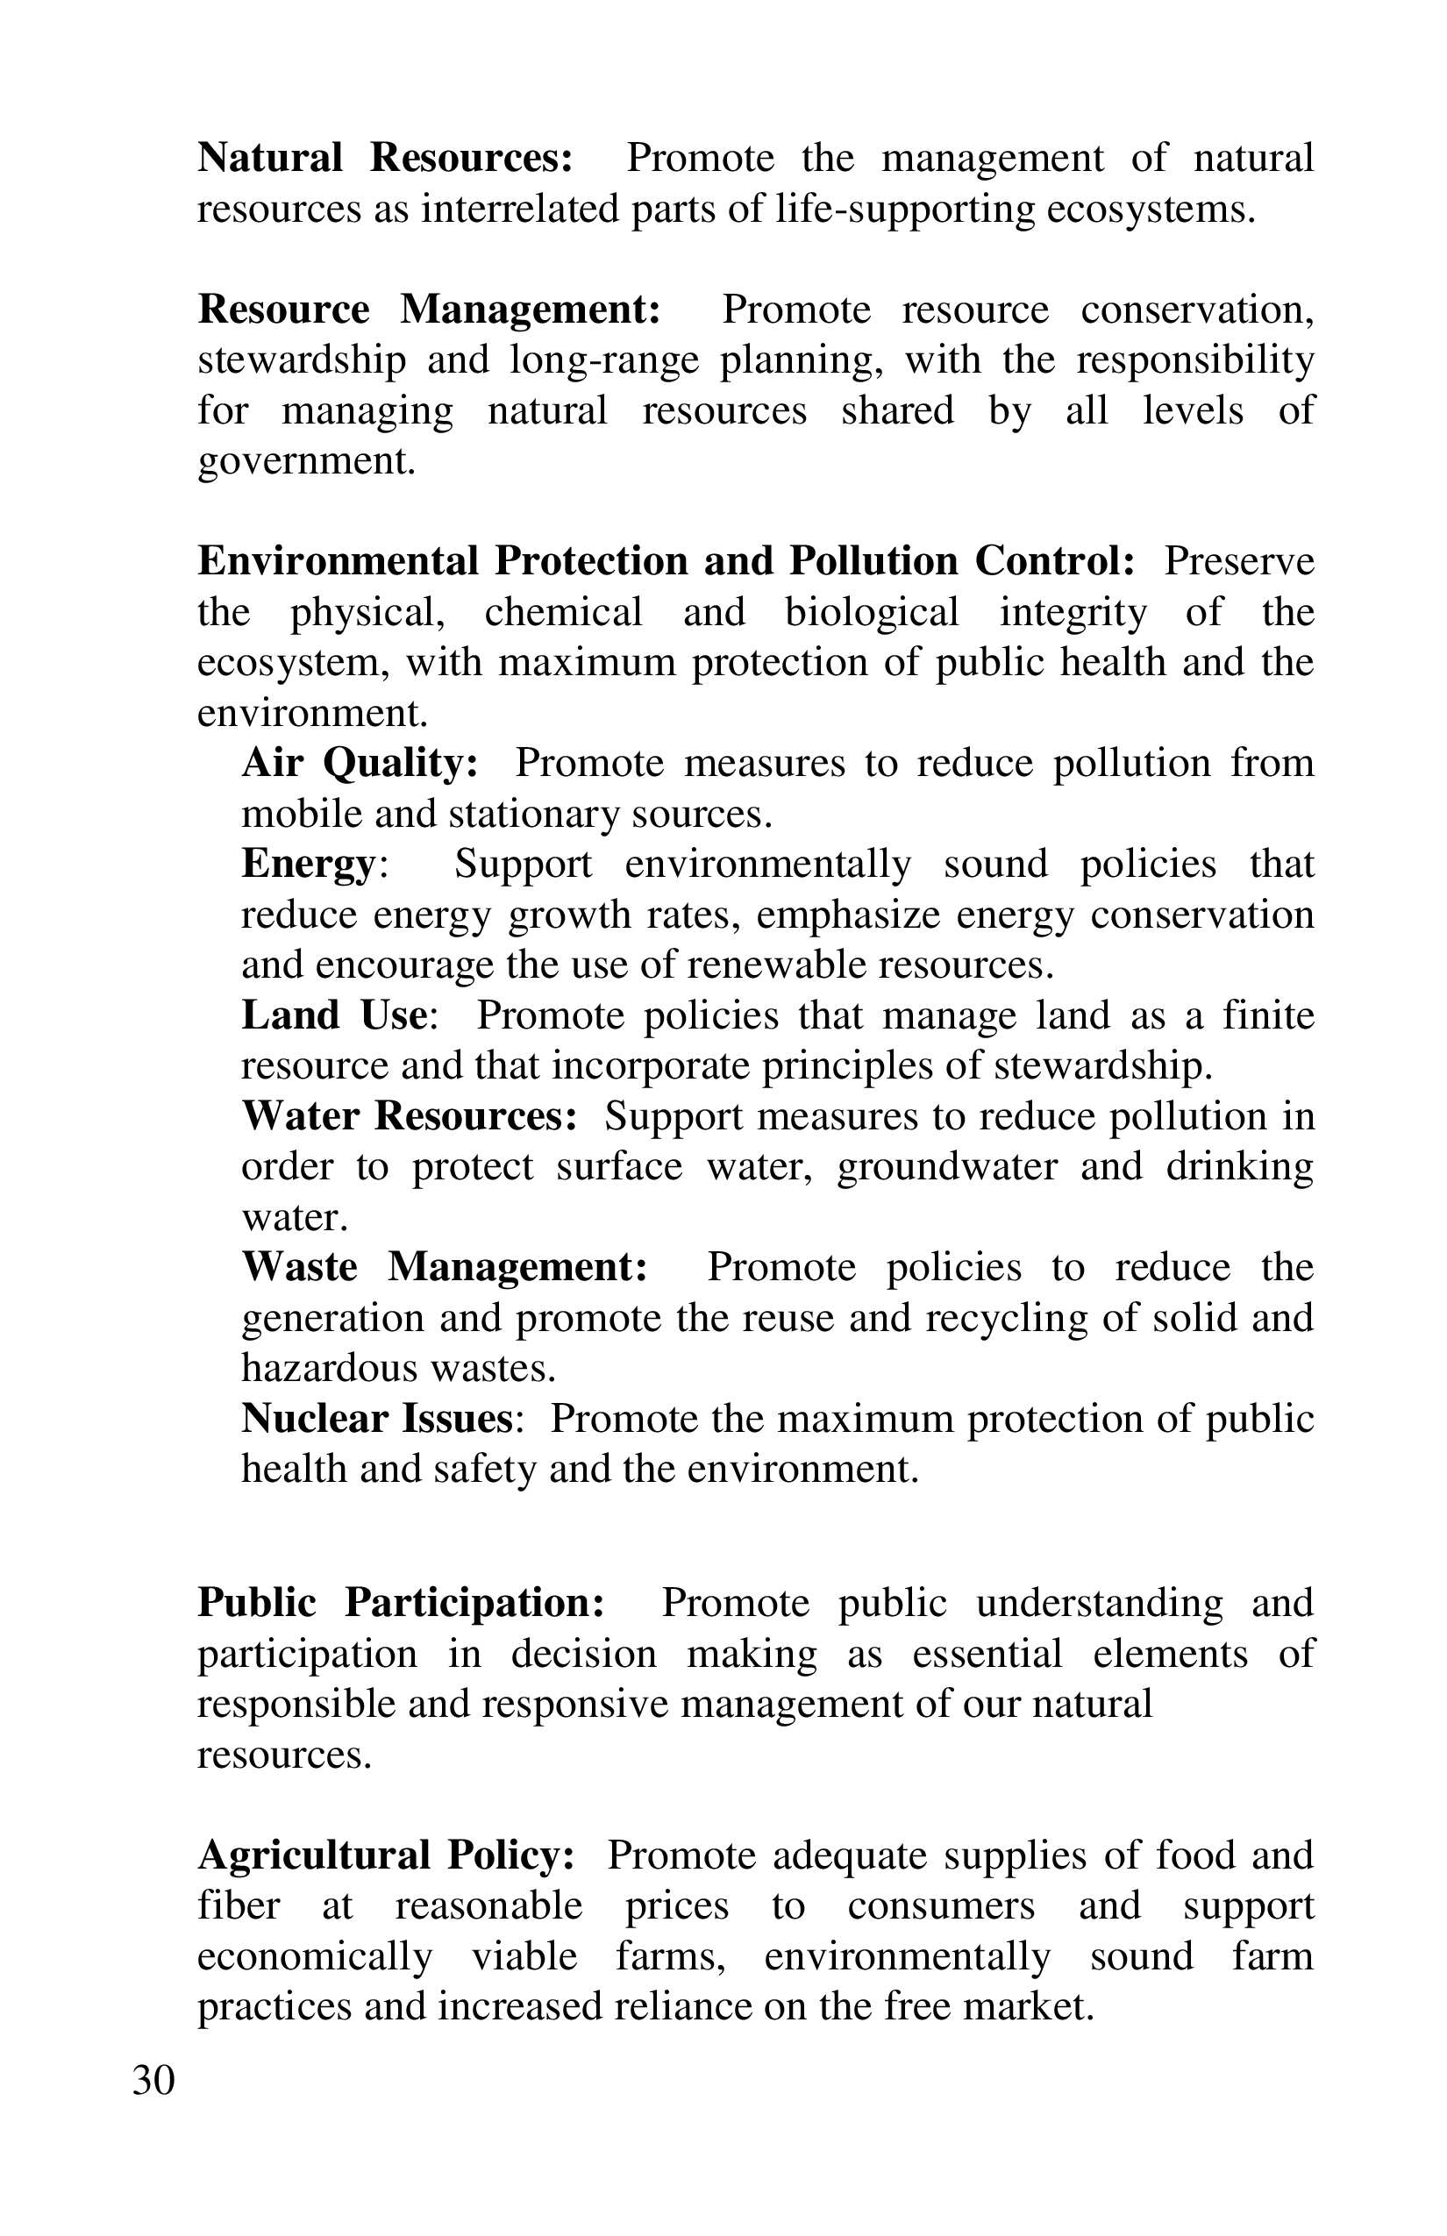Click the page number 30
tap(153, 2081)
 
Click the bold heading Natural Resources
tap(384, 158)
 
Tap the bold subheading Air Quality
tap(360, 762)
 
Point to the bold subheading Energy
tap(308, 865)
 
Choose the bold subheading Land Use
tap(335, 1015)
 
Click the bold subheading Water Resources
tap(409, 1116)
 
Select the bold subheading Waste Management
tap(445, 1267)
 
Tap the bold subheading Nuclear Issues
tap(377, 1419)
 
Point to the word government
tap(305, 461)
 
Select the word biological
tap(871, 613)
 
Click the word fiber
tap(239, 1905)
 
